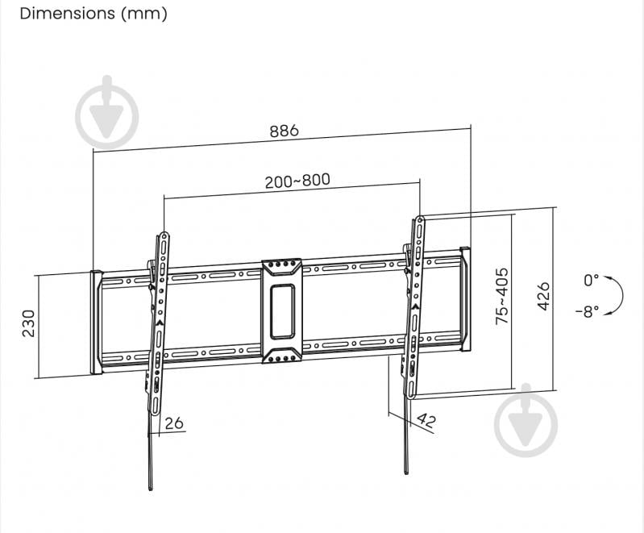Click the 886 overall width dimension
click(283, 130)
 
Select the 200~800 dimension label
click(297, 181)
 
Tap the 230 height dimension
click(29, 323)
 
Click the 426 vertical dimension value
click(543, 297)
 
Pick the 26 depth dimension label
click(173, 423)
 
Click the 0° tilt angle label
click(592, 281)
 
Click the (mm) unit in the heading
click(145, 14)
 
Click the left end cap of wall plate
click(96, 323)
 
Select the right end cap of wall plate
click(465, 300)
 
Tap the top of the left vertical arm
click(164, 236)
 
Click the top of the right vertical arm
click(420, 219)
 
